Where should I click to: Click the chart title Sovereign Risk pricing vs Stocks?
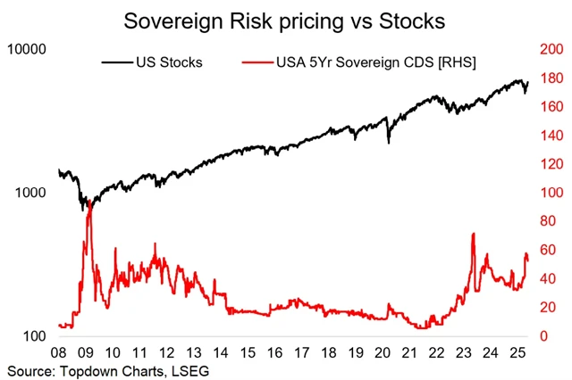click(x=285, y=20)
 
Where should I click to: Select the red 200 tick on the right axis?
click(x=548, y=50)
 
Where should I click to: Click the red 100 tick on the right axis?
click(x=548, y=194)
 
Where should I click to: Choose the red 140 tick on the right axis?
click(x=548, y=136)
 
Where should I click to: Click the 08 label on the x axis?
click(x=60, y=352)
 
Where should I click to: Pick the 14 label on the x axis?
click(x=221, y=352)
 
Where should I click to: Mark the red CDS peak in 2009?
click(x=88, y=203)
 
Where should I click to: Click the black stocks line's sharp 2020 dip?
click(x=388, y=142)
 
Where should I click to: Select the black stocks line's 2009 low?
click(x=85, y=210)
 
